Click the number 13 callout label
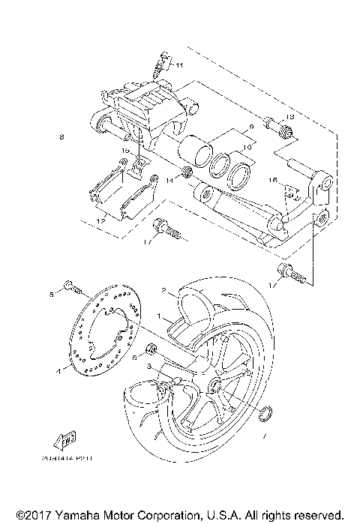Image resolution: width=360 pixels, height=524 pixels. [x=292, y=117]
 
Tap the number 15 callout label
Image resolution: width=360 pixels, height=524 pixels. [x=126, y=150]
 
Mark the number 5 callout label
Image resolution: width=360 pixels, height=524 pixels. [x=52, y=293]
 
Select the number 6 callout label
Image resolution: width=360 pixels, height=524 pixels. [x=134, y=359]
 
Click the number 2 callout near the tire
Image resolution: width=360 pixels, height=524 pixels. [x=162, y=289]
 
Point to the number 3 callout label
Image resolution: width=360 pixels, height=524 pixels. [x=149, y=366]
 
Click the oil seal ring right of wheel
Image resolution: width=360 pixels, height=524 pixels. [x=263, y=412]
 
